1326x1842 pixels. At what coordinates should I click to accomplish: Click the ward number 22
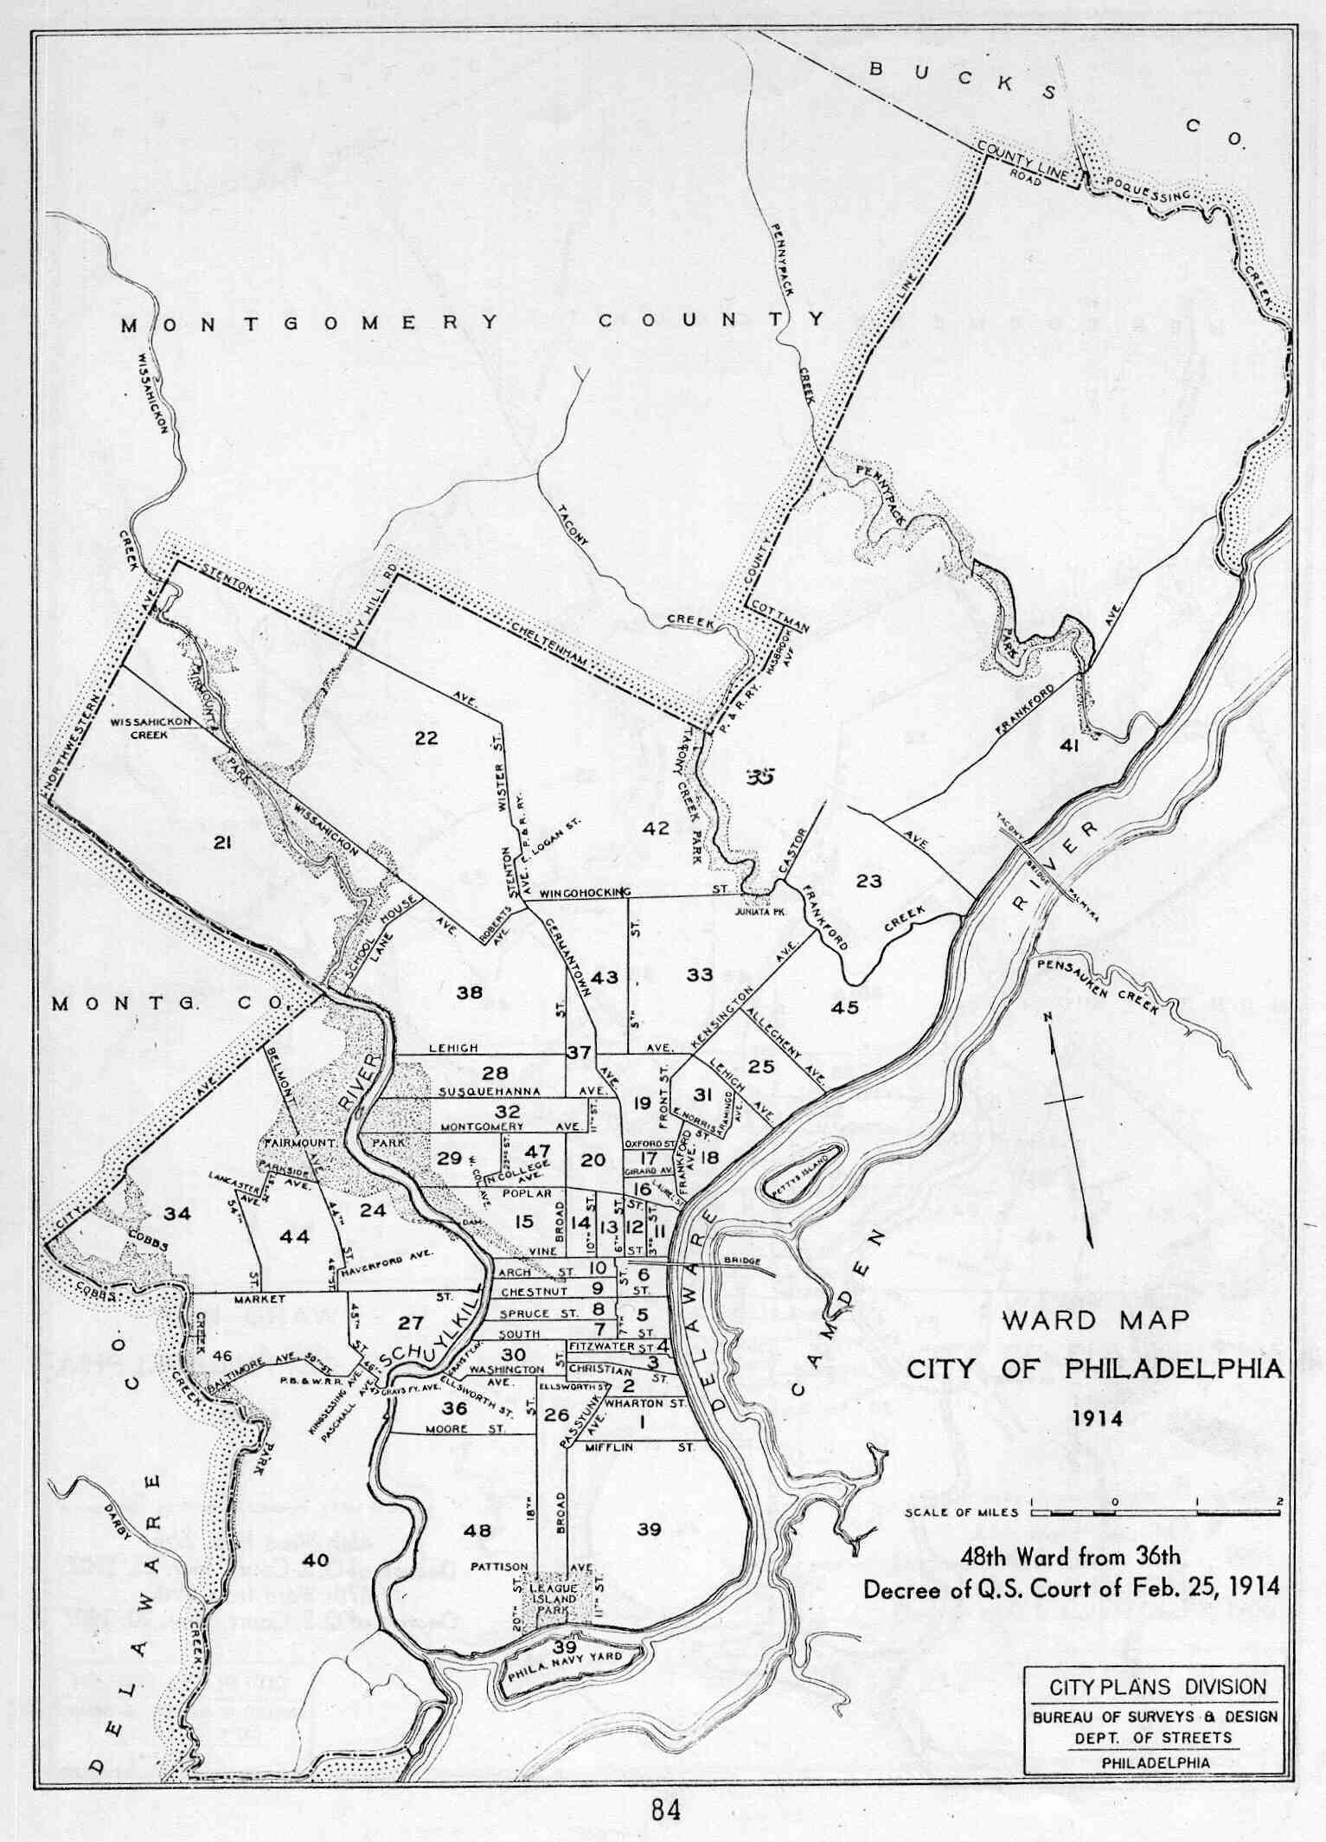point(426,738)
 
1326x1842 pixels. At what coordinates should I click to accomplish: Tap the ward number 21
point(221,842)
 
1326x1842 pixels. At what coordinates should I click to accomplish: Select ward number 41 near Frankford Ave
point(1068,745)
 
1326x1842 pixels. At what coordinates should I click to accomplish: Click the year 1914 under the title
point(1097,1419)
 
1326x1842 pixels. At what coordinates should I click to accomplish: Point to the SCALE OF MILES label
point(961,1512)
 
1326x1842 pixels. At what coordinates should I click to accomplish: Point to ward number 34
point(177,1214)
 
